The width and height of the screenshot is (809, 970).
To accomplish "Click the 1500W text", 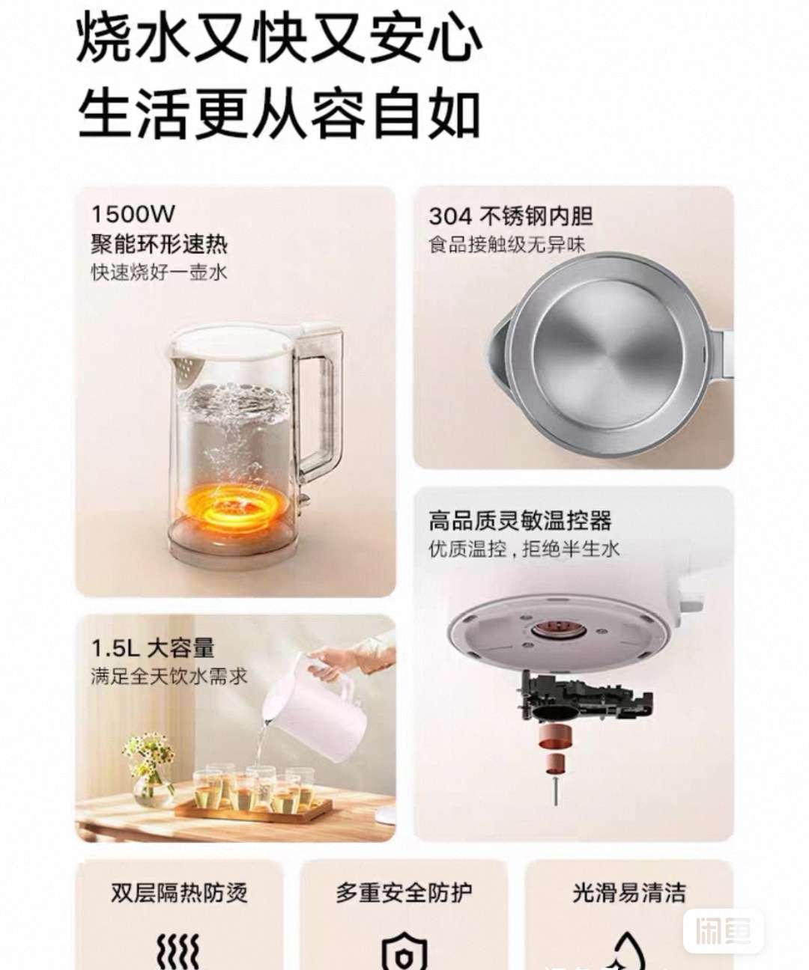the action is coord(133,214).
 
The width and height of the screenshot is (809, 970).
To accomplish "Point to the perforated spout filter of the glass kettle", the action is coord(188,367).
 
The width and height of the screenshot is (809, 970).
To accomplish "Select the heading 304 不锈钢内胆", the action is coord(511,216).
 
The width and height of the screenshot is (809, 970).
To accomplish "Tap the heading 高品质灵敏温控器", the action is coord(521,521).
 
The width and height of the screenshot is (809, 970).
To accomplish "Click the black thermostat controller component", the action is coord(587,697).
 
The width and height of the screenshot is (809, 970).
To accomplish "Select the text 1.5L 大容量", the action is coord(153,648).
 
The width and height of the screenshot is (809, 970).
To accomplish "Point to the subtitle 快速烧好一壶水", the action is coord(160,272).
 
